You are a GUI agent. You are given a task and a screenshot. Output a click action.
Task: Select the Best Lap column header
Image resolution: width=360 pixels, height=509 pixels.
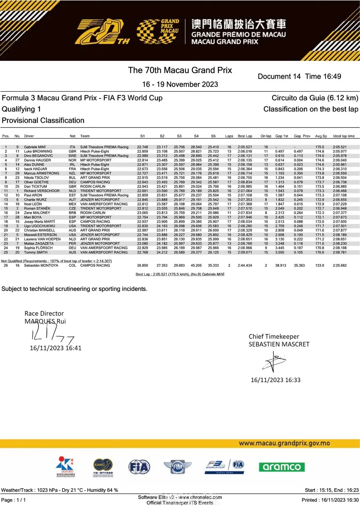click(244, 136)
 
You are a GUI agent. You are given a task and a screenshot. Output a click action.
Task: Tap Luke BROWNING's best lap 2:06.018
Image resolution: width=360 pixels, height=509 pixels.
click(245, 152)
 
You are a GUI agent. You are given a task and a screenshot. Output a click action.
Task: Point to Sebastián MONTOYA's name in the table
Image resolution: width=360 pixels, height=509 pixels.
click(41, 265)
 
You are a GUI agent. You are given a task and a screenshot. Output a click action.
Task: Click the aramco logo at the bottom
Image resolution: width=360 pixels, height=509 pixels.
click(282, 467)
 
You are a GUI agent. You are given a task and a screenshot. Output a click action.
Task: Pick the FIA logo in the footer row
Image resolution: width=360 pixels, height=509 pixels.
click(139, 467)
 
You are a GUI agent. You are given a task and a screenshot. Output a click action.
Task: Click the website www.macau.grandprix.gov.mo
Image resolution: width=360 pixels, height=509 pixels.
click(284, 443)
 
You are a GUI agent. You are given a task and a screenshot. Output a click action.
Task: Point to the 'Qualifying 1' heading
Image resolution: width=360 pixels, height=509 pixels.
click(21, 109)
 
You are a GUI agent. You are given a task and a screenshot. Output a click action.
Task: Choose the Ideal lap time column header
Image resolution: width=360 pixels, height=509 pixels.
click(344, 136)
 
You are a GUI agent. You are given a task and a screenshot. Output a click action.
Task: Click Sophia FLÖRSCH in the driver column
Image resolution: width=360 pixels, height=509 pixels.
click(38, 248)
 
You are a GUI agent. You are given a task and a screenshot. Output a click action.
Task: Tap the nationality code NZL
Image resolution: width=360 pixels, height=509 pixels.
click(72, 173)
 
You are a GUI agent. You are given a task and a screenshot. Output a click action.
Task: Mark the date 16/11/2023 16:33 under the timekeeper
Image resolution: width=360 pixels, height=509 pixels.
click(276, 380)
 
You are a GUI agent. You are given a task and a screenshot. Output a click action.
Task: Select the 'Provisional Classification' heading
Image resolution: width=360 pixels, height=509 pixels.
click(43, 120)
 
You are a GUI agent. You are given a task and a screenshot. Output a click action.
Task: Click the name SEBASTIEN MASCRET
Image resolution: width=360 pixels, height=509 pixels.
click(279, 344)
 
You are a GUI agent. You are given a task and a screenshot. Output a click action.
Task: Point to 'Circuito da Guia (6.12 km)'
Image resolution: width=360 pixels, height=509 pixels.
click(315, 98)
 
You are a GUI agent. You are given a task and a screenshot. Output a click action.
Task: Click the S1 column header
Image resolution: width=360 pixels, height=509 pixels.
click(142, 136)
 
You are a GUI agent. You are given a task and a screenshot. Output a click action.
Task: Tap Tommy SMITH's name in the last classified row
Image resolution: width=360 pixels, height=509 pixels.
click(36, 252)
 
